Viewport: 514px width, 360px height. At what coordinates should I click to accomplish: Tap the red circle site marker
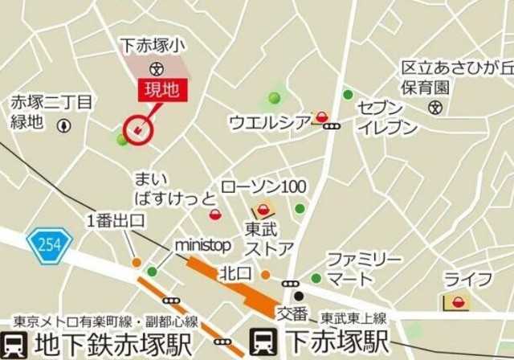click(x=138, y=129)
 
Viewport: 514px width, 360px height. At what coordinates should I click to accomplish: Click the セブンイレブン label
click(x=388, y=117)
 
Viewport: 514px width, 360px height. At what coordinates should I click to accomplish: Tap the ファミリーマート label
click(x=363, y=269)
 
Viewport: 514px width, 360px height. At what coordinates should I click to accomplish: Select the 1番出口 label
click(x=115, y=222)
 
